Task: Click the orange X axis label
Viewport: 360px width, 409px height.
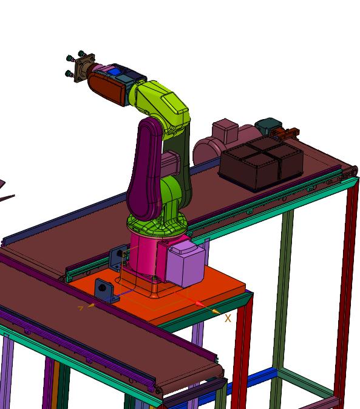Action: coord(228,318)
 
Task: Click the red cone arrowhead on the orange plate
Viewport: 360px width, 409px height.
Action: coord(199,304)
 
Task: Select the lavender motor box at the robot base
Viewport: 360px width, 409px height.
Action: coord(185,264)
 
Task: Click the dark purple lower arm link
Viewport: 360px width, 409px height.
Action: coord(144,170)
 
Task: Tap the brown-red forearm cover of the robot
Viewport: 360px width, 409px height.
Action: coord(106,89)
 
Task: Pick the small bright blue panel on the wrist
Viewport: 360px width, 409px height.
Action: coord(112,72)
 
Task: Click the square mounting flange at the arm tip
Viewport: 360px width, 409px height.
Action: coord(84,68)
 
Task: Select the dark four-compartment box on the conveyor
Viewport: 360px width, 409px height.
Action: coord(261,163)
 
